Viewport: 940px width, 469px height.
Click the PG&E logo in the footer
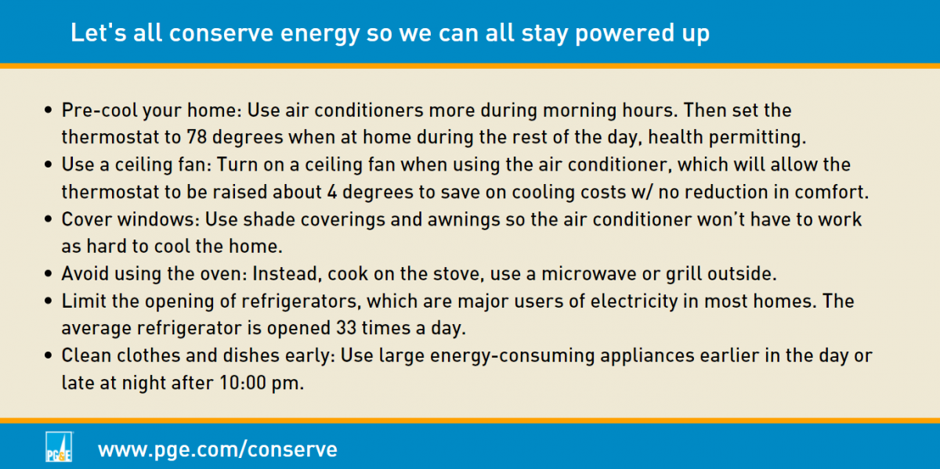click(59, 447)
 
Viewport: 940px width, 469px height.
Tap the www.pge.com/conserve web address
click(218, 449)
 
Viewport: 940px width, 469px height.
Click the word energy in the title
click(320, 34)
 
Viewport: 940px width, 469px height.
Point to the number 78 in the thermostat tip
click(197, 137)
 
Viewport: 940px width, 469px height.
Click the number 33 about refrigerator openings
click(346, 327)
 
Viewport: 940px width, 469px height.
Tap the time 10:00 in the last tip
click(243, 382)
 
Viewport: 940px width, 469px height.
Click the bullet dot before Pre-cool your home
click(49, 110)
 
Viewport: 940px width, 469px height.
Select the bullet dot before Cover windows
click(49, 219)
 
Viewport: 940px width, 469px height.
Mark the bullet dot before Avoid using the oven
click(49, 274)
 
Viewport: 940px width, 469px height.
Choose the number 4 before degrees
click(332, 192)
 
